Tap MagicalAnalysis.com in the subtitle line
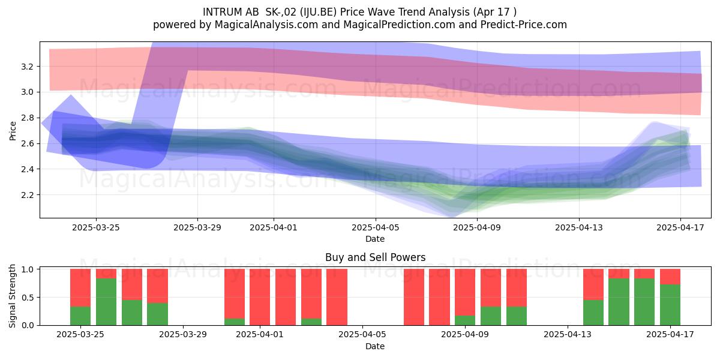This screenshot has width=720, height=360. pos(266,25)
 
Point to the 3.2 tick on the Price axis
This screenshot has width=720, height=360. pos(27,67)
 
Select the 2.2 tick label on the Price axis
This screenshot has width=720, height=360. pos(27,195)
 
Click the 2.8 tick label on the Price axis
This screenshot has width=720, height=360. pos(27,118)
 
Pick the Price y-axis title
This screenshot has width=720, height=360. pos(13,131)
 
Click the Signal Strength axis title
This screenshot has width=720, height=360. pos(12,296)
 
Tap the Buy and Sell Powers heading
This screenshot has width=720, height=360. pos(375,257)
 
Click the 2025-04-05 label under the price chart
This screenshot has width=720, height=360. pos(376,227)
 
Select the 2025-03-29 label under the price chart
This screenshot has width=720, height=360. pos(197,227)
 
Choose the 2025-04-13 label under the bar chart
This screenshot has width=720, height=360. pos(568,334)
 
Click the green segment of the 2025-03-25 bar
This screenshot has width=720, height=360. pos(80,316)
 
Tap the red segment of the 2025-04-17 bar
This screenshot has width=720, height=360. pos(670,277)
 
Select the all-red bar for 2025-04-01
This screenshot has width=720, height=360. pos(260,297)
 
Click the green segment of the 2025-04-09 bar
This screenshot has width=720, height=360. pos(465,320)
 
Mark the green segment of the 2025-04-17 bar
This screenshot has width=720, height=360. pos(670,305)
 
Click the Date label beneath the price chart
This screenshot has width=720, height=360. pos(375,239)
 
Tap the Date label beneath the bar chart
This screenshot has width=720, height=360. pos(375,346)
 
